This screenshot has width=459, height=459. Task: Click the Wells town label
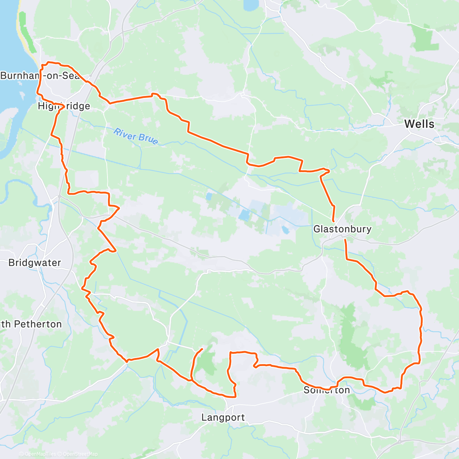pos(419,124)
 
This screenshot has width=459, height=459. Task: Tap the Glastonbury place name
pos(342,229)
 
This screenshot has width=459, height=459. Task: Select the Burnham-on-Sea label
pos(40,76)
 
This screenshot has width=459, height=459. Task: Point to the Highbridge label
pos(64,106)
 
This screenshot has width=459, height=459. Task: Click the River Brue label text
pos(136,137)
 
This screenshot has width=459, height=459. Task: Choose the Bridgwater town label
pos(34,263)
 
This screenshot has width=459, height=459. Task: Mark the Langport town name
pos(223,417)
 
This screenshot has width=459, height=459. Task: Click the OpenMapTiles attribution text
pos(40,454)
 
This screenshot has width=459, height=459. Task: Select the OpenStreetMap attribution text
pos(80,454)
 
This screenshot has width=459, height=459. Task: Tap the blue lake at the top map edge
pos(251,5)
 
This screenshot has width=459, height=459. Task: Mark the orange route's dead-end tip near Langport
pos(202,349)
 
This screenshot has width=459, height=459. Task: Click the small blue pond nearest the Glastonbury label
pos(285,230)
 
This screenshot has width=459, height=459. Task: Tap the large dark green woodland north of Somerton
pos(350,337)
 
